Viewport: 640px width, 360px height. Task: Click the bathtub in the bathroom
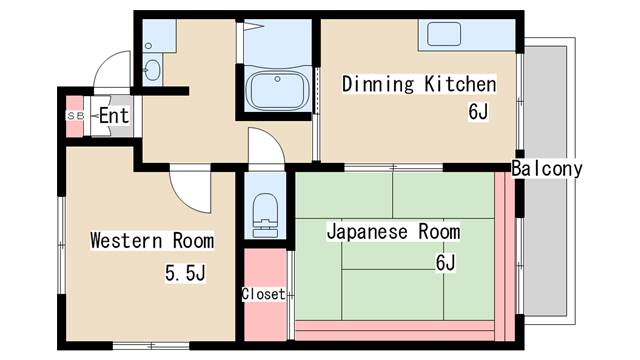277,90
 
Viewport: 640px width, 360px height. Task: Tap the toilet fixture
265,215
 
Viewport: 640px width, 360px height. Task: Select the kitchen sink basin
444,33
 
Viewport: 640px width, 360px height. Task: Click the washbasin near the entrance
152,70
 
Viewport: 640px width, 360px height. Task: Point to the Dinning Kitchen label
419,84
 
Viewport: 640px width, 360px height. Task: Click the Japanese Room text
393,232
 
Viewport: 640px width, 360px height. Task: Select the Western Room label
152,240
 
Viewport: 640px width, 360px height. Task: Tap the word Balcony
547,169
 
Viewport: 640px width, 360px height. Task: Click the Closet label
263,294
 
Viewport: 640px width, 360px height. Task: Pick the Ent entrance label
114,116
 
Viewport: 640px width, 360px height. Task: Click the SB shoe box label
75,116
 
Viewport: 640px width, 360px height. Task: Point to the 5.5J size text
185,273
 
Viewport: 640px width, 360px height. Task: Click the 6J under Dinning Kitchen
478,111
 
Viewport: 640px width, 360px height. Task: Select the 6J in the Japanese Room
445,262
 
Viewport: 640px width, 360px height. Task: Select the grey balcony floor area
545,181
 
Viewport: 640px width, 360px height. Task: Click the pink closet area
265,294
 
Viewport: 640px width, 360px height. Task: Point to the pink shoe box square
75,116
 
